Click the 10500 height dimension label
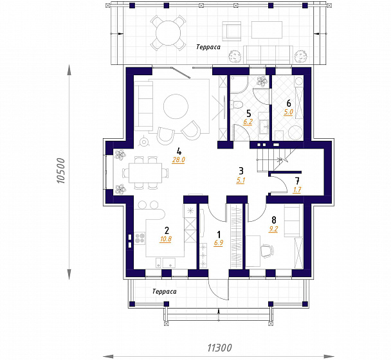(x=60, y=171)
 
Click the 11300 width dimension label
(x=219, y=348)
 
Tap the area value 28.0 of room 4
(x=178, y=160)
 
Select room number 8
(x=274, y=220)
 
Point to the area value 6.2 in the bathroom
(x=248, y=122)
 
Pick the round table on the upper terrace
(x=168, y=33)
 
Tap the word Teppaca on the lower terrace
(x=165, y=291)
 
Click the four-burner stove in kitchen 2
(x=140, y=238)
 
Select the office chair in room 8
(x=267, y=251)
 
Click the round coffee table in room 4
(x=176, y=107)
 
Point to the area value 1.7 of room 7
(x=297, y=190)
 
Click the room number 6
(x=289, y=104)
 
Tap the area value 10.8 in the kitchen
(x=166, y=239)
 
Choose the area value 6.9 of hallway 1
(x=219, y=243)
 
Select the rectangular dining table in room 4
(x=145, y=173)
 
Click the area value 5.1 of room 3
(x=241, y=181)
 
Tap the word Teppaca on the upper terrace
(x=208, y=47)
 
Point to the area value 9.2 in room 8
(x=273, y=229)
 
